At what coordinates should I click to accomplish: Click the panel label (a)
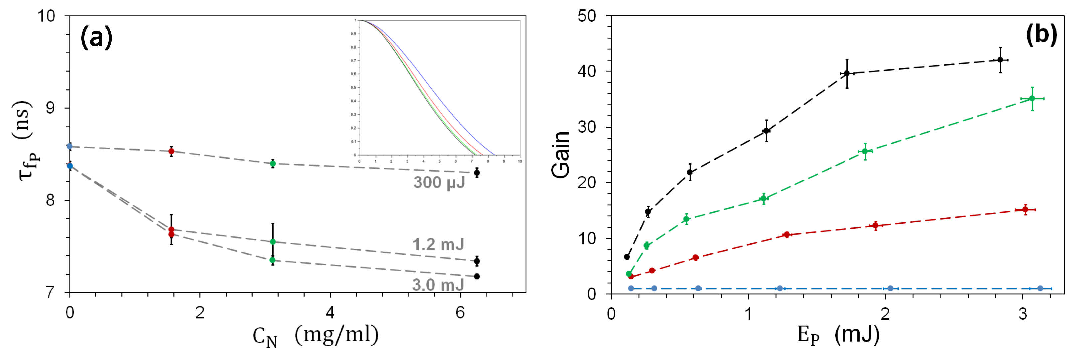pos(96,38)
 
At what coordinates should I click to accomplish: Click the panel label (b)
pos(1041,34)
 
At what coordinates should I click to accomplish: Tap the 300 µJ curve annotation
pos(439,183)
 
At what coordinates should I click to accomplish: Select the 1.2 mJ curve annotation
pos(438,244)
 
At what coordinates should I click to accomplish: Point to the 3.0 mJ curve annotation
pos(438,285)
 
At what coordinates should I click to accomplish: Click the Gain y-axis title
pos(560,154)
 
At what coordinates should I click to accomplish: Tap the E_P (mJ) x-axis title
pos(838,335)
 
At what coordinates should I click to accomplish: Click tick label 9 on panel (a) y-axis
pos(50,108)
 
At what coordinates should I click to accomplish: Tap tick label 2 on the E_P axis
pos(885,314)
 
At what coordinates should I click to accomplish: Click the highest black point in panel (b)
pos(1000,60)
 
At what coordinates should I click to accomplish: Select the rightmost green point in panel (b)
pos(1032,99)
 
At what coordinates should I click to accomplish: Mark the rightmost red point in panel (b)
pos(1025,209)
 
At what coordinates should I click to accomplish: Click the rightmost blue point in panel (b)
pos(1040,288)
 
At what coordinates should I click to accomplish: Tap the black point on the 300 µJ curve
pos(477,172)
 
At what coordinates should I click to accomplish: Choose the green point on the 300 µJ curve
pos(273,164)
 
